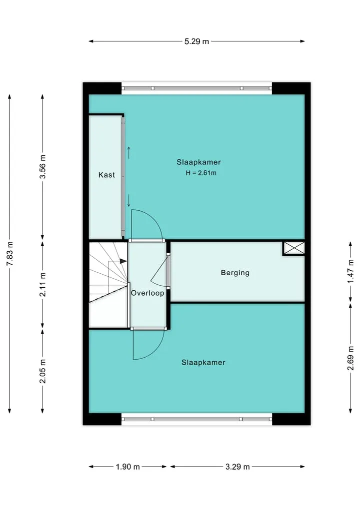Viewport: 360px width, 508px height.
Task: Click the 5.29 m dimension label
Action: [196, 41]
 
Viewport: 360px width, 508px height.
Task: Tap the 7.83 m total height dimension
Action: [9, 254]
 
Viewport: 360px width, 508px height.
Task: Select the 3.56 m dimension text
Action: [42, 167]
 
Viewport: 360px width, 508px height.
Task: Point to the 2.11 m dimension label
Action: [42, 284]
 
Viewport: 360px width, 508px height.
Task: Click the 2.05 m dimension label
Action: [42, 371]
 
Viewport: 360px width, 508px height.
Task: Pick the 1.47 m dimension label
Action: [350, 271]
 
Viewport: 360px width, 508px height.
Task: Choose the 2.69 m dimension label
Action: [350, 358]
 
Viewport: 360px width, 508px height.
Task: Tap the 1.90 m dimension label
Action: [128, 467]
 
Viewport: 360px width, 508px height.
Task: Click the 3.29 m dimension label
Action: [237, 467]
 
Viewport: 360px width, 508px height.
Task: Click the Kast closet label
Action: [106, 175]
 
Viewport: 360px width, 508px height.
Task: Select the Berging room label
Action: [235, 273]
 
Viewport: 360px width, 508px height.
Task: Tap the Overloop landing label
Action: [147, 293]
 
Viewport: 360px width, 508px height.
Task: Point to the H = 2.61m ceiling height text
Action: [201, 173]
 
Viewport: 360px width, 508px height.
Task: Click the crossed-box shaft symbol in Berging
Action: [294, 248]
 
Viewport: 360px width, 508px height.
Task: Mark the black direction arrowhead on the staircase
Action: [123, 261]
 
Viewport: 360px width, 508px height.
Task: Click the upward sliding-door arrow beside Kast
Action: [129, 152]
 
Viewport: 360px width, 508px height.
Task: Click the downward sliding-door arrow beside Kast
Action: [129, 200]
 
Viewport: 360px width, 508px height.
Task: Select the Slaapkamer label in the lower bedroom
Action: [203, 363]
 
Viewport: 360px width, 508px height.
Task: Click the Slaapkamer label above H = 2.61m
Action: [199, 162]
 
